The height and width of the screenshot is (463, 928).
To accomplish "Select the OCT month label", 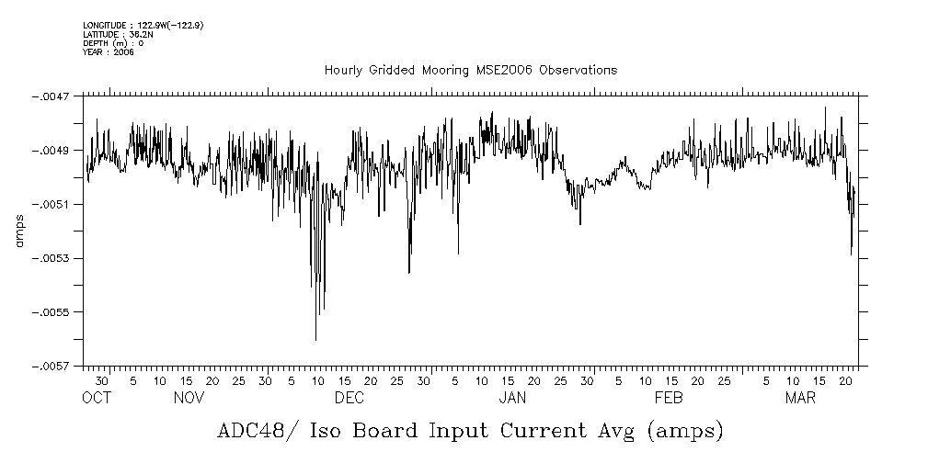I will [x=96, y=398].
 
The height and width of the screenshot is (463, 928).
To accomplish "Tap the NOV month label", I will [x=189, y=398].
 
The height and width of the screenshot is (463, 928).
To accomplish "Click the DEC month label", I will [x=349, y=398].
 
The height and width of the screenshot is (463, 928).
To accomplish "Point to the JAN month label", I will [x=511, y=398].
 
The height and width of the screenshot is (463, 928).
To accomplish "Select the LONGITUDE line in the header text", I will [x=143, y=25].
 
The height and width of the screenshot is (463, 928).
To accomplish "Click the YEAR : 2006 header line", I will [x=108, y=52].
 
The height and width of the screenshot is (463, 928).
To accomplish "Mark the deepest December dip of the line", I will [x=315, y=340].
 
